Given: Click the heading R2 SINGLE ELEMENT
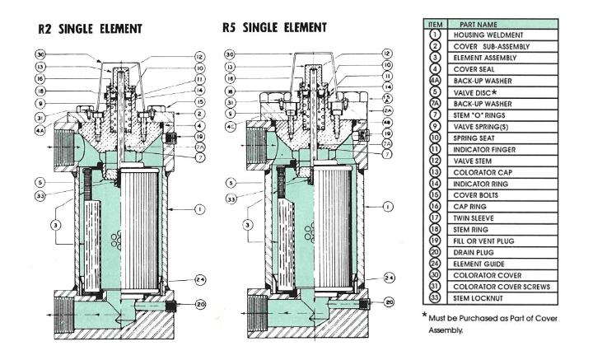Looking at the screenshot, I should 90,29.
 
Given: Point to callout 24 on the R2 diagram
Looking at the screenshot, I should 200,279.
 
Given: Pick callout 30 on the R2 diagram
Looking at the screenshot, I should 40,54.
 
